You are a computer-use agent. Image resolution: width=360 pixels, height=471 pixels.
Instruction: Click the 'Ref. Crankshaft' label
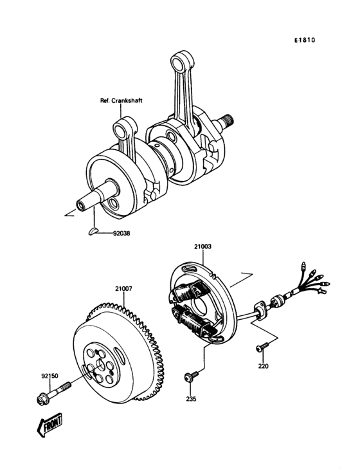(x=120, y=100)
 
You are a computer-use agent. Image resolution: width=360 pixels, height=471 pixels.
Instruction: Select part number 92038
(x=120, y=234)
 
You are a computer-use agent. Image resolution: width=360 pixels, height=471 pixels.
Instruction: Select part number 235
(x=191, y=399)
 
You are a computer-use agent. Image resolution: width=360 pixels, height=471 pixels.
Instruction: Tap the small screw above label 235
(x=190, y=378)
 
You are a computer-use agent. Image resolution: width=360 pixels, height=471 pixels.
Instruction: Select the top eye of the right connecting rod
(x=179, y=60)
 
